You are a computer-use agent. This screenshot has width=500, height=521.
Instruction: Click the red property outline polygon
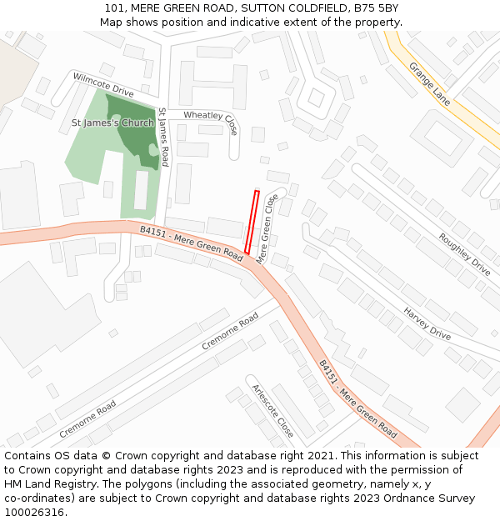[252, 222]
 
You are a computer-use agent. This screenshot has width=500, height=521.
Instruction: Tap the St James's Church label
[112, 123]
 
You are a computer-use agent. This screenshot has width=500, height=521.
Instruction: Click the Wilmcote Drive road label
[103, 85]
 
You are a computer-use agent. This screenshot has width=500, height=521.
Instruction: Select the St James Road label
[163, 138]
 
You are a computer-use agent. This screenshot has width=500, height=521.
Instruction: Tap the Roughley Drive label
[464, 254]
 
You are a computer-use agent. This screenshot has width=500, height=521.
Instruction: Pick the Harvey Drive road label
[427, 323]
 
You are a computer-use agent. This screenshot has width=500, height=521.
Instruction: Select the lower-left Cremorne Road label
[87, 419]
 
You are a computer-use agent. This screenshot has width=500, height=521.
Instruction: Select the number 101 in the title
[115, 8]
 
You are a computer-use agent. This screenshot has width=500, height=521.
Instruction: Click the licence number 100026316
[35, 512]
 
